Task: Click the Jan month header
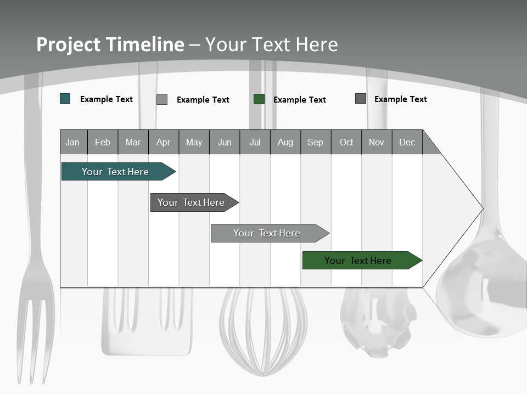[x=73, y=142]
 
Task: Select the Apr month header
[x=164, y=142]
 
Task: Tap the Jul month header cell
[x=255, y=142]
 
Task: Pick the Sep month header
[x=316, y=142]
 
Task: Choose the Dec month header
[x=407, y=142]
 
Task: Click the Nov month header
[x=377, y=142]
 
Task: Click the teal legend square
[x=65, y=99]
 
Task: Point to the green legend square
[x=259, y=99]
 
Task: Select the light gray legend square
[x=162, y=99]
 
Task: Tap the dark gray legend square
[x=361, y=99]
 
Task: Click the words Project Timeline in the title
[x=110, y=44]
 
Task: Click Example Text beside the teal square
[x=106, y=99]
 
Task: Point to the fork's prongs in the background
[x=36, y=335]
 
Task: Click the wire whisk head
[x=263, y=329]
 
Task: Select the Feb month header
[x=103, y=142]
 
